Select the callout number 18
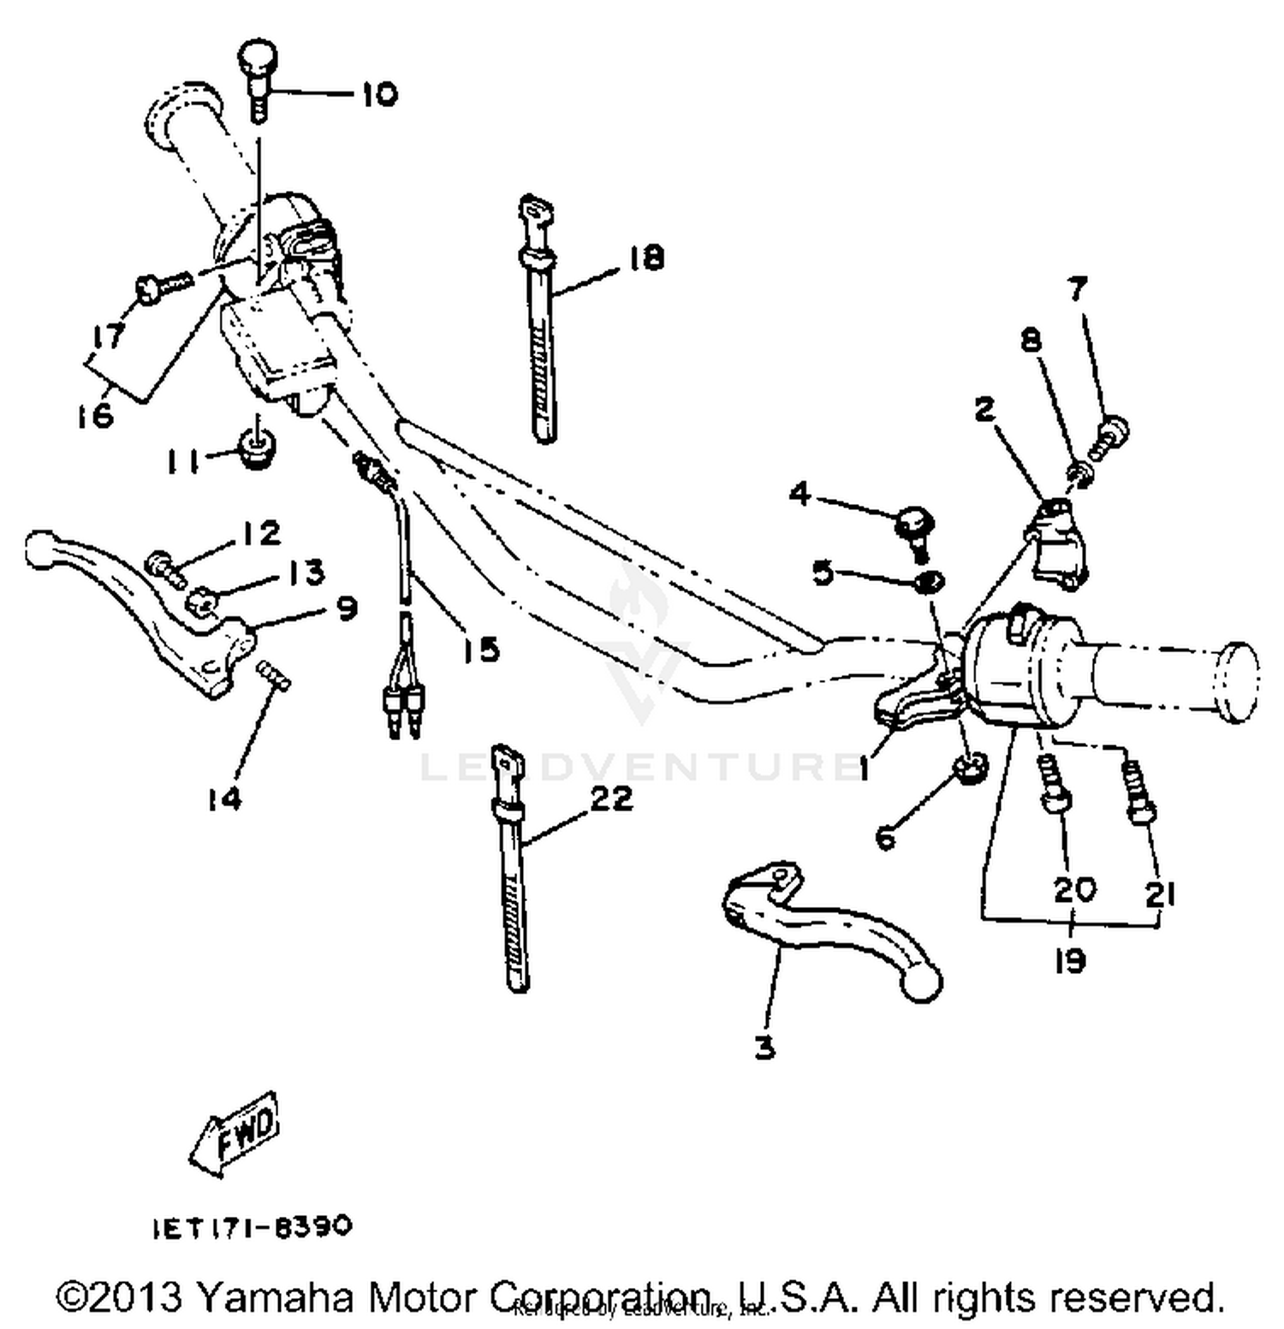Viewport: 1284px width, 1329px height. click(x=646, y=257)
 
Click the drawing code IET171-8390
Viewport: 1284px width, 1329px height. click(x=253, y=1227)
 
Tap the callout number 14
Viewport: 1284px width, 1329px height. click(x=223, y=798)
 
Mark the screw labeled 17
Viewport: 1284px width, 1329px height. click(x=163, y=286)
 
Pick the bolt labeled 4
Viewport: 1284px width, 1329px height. click(x=914, y=524)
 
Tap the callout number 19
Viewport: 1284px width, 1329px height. click(x=1069, y=960)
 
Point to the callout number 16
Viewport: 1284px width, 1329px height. click(x=95, y=415)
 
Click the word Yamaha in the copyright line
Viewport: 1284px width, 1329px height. click(x=276, y=1296)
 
